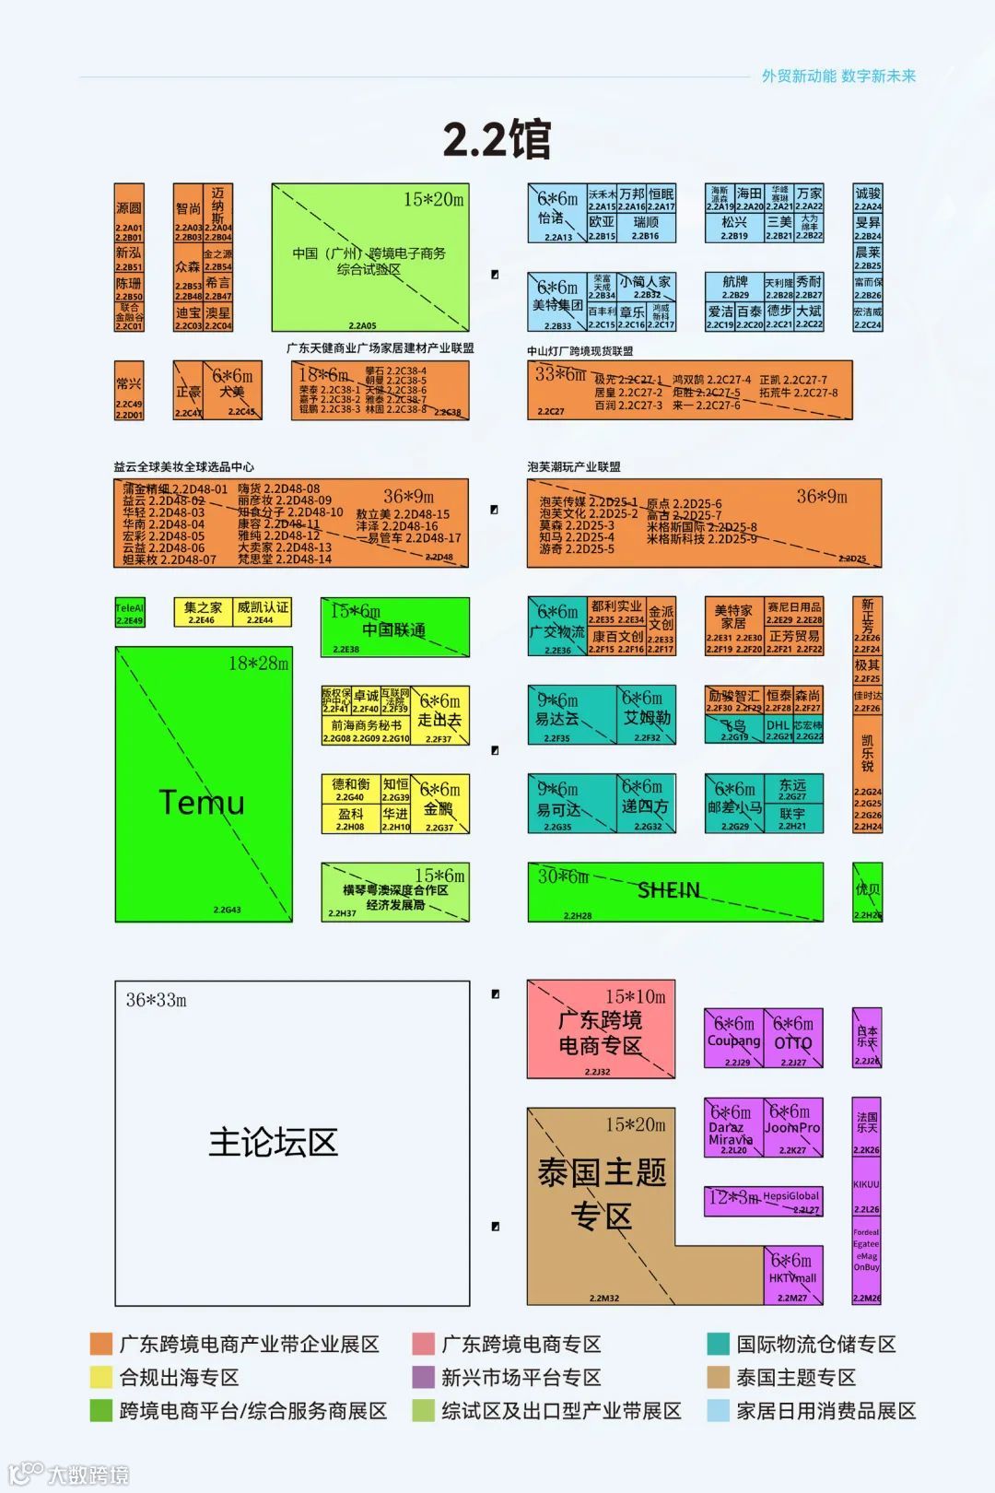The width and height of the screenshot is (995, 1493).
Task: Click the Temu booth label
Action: pos(202,802)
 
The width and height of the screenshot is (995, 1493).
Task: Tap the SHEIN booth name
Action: pos(669,890)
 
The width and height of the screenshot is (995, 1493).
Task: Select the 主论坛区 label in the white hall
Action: pos(273,1142)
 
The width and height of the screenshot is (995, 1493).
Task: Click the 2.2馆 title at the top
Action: pos(497,140)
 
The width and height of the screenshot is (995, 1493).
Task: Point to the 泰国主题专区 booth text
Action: pos(601,1193)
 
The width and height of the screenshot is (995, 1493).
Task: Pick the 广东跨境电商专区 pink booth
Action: pos(601,1032)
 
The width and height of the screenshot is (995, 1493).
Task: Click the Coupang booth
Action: pos(733,1040)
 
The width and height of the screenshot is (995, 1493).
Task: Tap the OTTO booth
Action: pos(792,1042)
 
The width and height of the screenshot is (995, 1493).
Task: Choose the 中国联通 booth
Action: pos(394,629)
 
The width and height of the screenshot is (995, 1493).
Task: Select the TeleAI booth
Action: pos(129,613)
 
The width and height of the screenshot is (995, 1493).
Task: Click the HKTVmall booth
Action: pos(792,1277)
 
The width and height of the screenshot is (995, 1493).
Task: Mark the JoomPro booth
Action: pos(792,1128)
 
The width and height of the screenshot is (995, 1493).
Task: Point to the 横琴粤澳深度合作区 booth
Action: pos(395,896)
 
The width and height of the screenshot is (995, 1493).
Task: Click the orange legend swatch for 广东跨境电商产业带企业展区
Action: pos(100,1344)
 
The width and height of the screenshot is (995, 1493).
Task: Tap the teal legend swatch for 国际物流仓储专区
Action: pos(719,1344)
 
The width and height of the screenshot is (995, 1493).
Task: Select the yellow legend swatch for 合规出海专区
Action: pos(100,1377)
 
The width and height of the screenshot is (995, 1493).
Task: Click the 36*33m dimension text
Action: pos(156,1000)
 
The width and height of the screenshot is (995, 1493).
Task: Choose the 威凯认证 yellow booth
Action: pos(263,612)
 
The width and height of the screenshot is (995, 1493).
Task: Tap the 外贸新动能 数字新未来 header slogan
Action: pos(838,76)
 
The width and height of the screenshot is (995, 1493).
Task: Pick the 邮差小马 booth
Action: pos(734,806)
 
